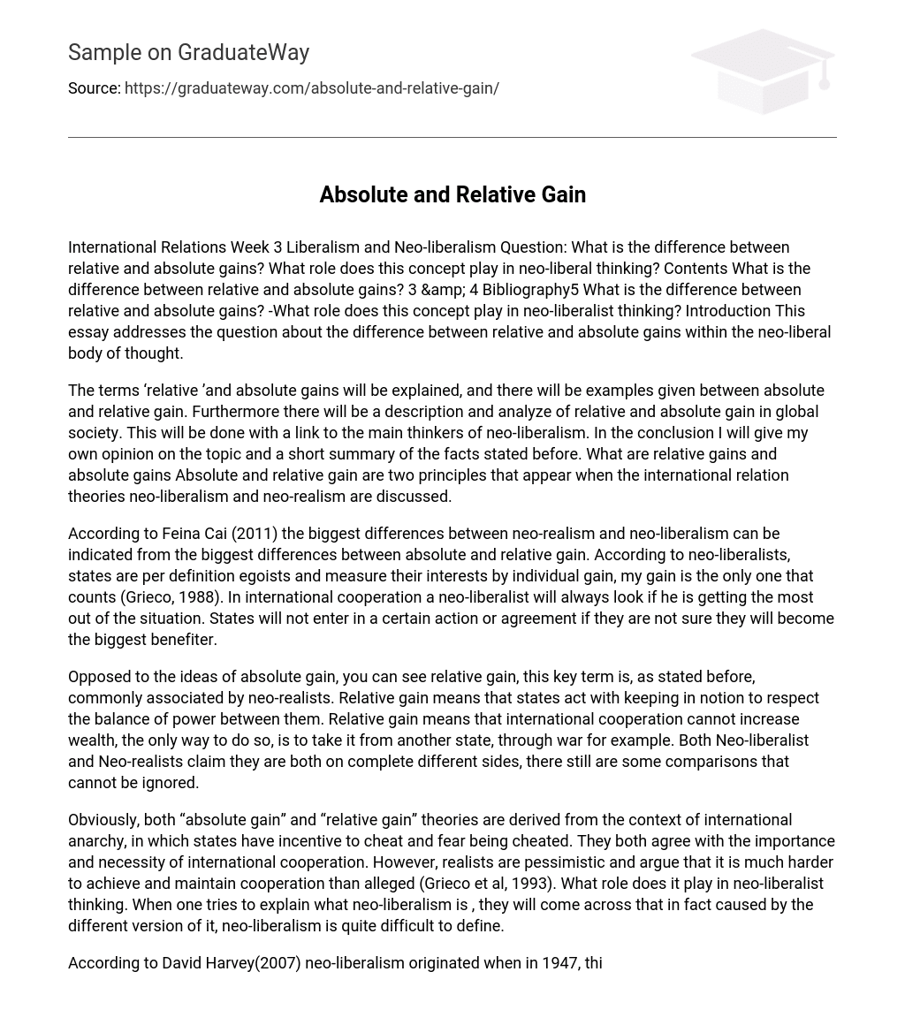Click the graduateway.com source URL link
point(311,88)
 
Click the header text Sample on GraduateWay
point(188,53)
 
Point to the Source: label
point(94,88)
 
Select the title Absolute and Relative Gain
point(452,194)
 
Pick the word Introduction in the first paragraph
point(727,311)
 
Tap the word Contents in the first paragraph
point(696,269)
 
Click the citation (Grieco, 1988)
point(171,597)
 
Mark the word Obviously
point(103,820)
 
